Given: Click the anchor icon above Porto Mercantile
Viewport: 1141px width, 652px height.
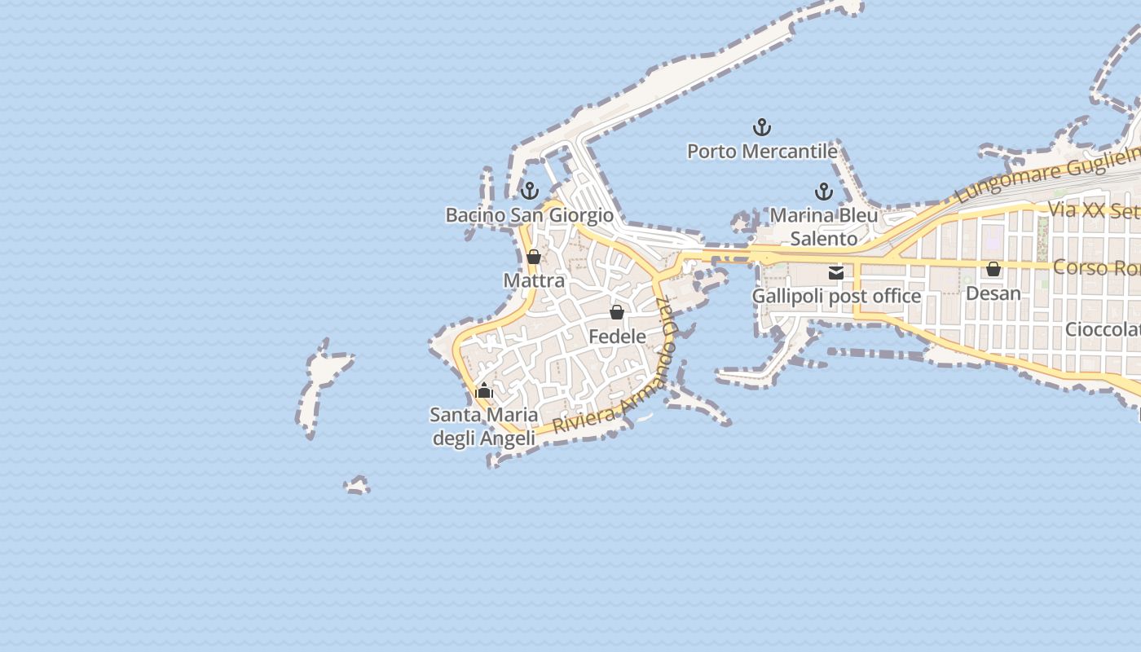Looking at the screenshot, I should (x=761, y=127).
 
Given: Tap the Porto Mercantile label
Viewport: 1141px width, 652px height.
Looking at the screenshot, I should (x=762, y=152).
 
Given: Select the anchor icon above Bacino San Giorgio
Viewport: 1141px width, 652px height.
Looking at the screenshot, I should (x=530, y=192).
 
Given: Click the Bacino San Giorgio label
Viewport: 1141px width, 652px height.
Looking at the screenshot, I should (x=529, y=215).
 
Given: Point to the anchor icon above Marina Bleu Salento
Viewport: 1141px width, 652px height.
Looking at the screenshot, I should (x=824, y=192).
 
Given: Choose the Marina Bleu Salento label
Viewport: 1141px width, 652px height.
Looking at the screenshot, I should (x=824, y=227).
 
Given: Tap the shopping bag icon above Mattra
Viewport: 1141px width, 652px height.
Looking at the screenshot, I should (x=534, y=258).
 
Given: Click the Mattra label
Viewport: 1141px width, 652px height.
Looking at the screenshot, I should (x=534, y=281).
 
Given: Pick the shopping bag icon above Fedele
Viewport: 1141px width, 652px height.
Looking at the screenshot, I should (x=617, y=313).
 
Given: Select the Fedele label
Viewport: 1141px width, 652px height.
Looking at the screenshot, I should (x=617, y=337).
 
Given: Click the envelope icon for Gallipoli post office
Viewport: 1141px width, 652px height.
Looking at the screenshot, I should (x=836, y=273).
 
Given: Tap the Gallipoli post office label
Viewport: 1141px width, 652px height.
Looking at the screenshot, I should (x=836, y=296).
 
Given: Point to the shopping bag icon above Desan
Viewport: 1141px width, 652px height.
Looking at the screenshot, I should (x=993, y=269).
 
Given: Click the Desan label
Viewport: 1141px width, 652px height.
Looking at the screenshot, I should (x=993, y=293).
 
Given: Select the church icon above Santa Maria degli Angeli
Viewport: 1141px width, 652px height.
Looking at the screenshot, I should (x=484, y=391).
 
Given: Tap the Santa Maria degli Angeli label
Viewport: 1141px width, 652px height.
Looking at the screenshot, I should (x=483, y=426).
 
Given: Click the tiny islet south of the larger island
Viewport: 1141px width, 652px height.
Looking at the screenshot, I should (x=356, y=487).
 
